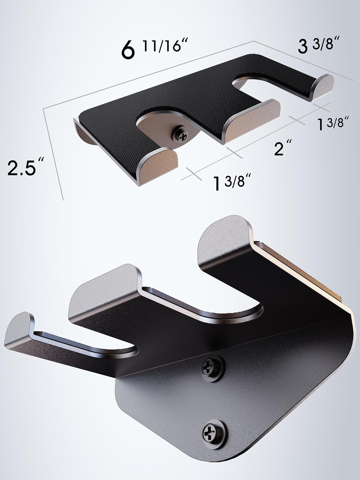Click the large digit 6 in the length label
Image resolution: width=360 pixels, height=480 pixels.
(127, 51)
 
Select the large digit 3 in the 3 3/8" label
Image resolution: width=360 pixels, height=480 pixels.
(303, 47)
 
